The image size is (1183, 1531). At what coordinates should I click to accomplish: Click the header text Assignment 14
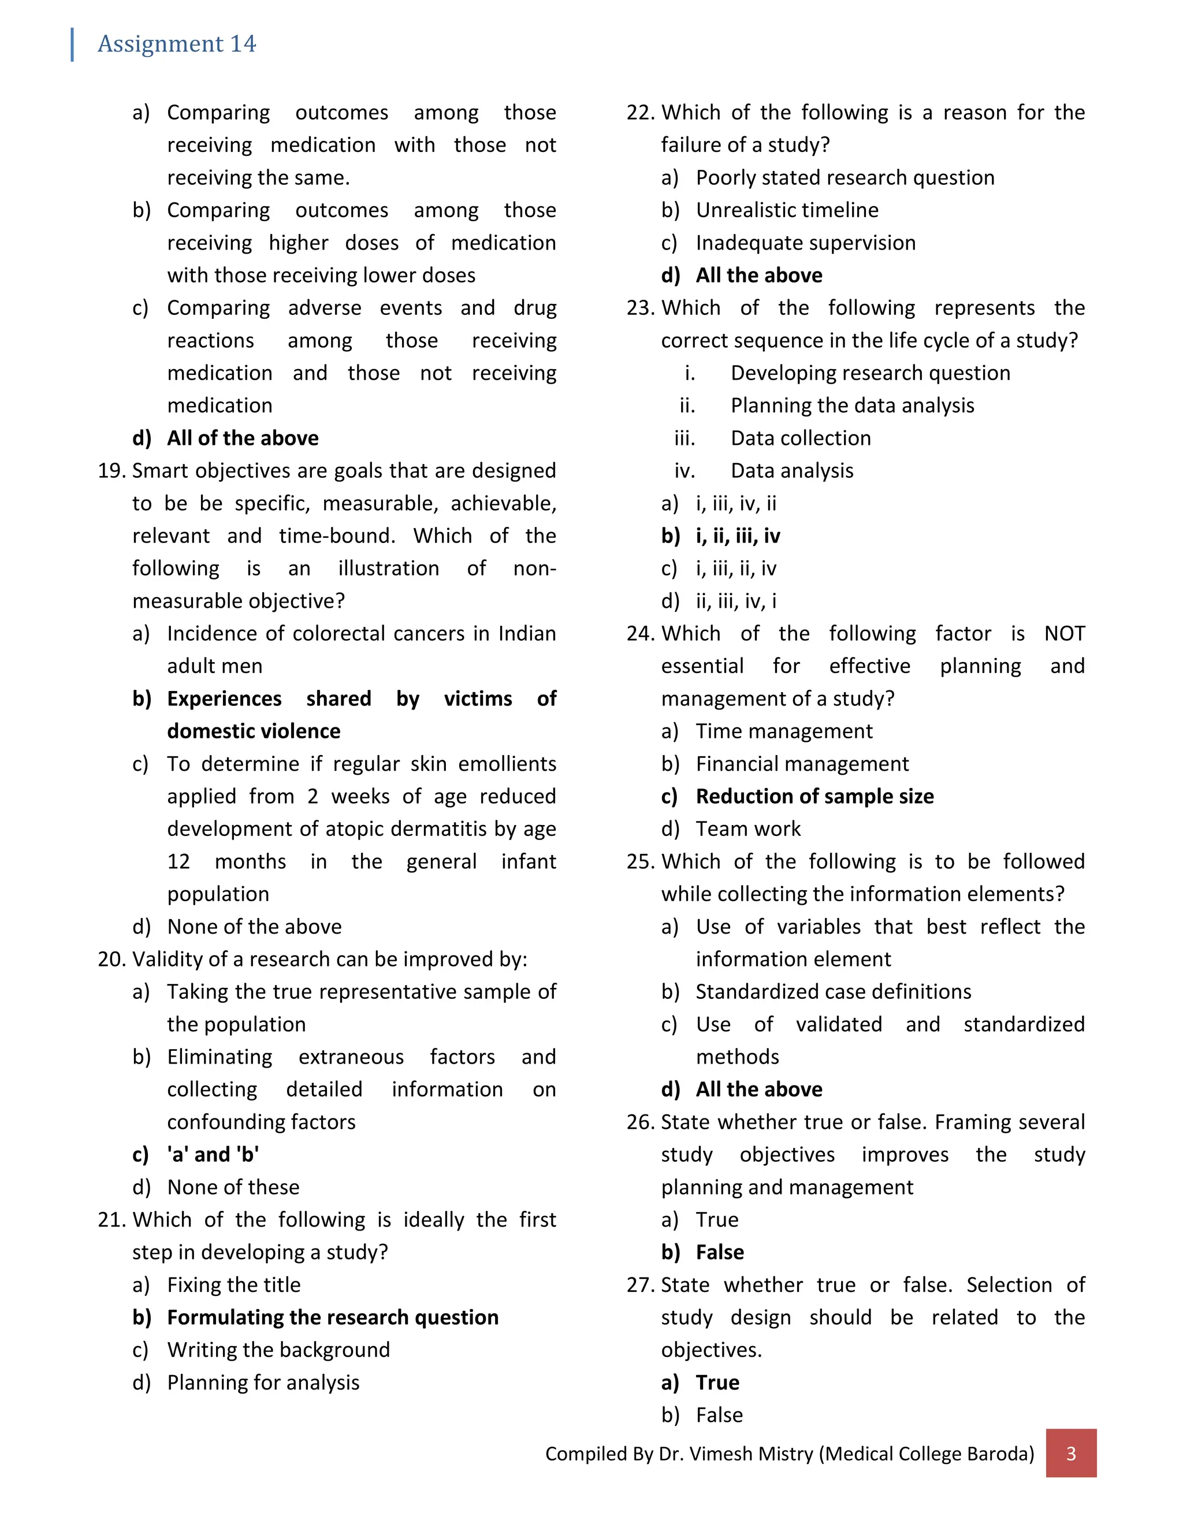tap(177, 44)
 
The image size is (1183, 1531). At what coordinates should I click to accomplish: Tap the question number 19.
tap(111, 470)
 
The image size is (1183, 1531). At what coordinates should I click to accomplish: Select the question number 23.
tap(640, 308)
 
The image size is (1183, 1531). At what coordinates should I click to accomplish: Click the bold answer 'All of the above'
tap(243, 438)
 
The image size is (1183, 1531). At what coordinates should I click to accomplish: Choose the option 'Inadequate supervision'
tap(805, 243)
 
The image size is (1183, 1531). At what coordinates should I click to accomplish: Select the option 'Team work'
tap(748, 828)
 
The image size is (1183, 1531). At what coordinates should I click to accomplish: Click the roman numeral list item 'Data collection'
tap(801, 438)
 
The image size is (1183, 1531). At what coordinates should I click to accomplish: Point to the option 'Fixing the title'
tap(233, 1285)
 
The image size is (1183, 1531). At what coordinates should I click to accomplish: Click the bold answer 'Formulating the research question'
tap(332, 1317)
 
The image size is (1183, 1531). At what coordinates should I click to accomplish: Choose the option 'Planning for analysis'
tap(263, 1383)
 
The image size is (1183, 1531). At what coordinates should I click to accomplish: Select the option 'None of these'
tap(233, 1187)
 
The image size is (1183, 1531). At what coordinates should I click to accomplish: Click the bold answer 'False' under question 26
tap(720, 1252)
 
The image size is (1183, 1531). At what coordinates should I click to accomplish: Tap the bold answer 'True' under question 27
tap(717, 1383)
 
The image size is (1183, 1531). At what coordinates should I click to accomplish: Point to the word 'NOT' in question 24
tap(1064, 634)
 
